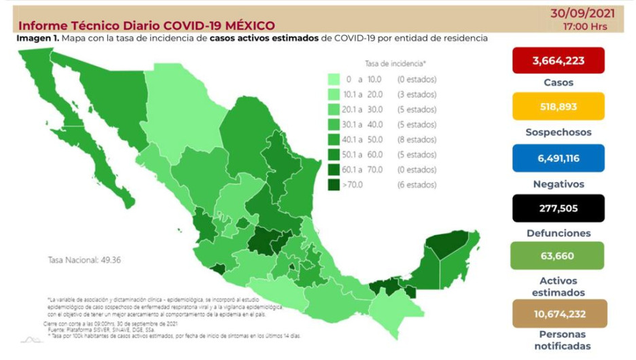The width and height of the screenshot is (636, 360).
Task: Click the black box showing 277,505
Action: tap(558, 208)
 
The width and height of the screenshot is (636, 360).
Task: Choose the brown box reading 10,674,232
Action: tap(558, 314)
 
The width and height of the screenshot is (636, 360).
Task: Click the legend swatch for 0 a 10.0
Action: tap(334, 79)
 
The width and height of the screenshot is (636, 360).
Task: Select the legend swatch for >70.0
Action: tap(334, 185)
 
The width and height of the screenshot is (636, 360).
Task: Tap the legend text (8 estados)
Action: tap(417, 139)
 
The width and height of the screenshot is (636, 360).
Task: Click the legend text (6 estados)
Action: tap(417, 185)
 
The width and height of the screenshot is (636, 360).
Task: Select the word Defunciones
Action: tap(558, 232)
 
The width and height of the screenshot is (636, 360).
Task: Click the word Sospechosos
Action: tap(558, 132)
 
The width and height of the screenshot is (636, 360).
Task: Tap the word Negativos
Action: tap(558, 183)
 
